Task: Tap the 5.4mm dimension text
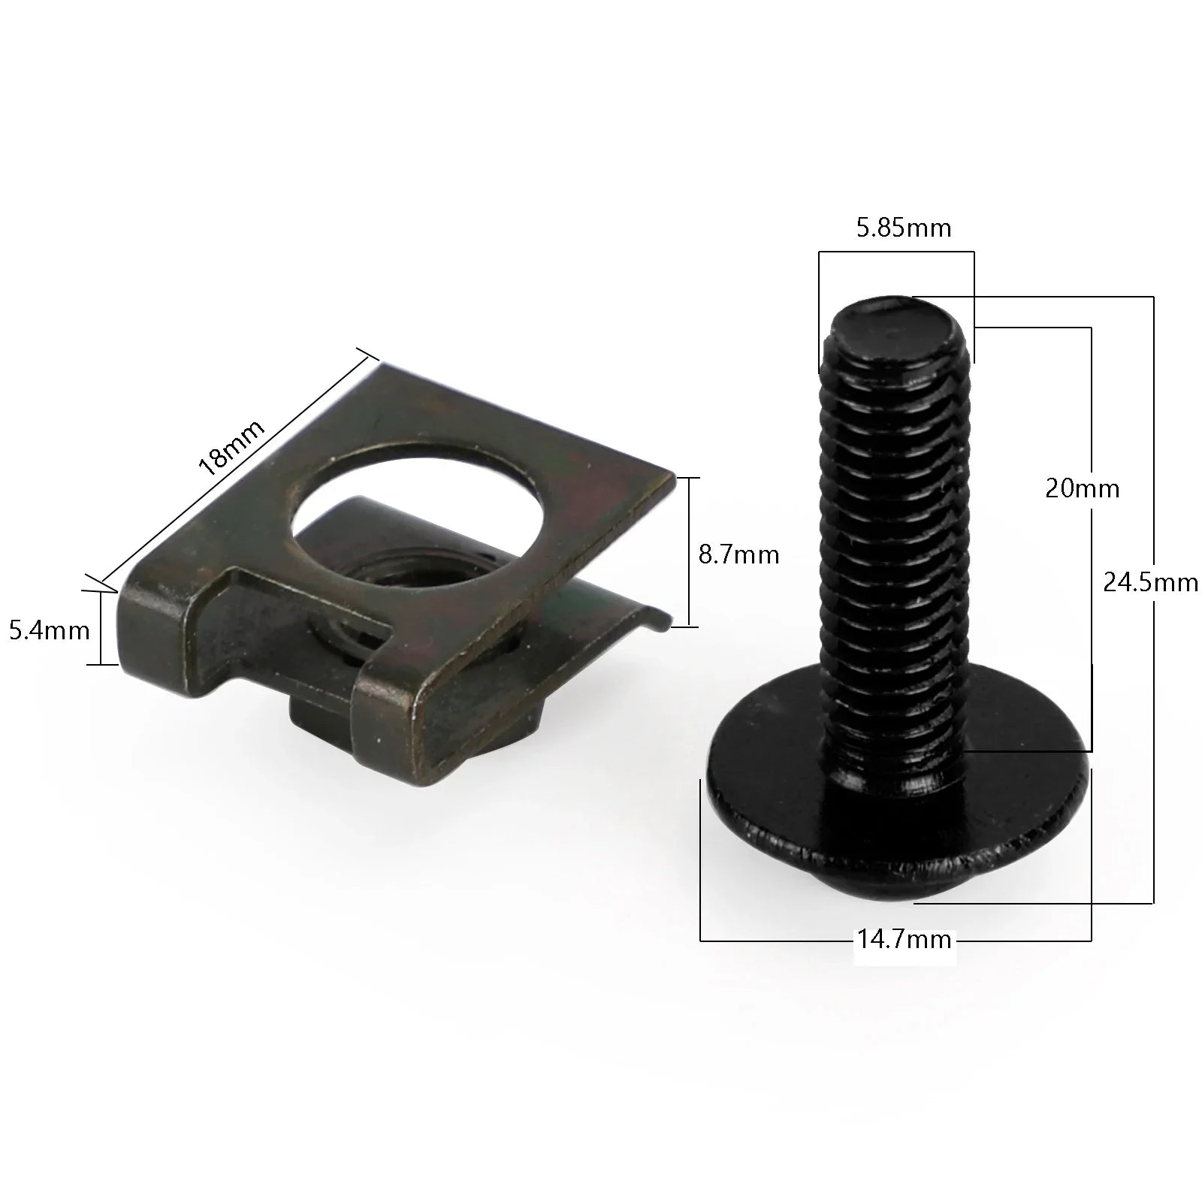point(50,630)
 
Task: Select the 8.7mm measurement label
point(738,554)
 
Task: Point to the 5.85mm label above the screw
point(904,228)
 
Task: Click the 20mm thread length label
point(1082,489)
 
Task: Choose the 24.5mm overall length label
point(1150,582)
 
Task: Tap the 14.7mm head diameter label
point(905,940)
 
